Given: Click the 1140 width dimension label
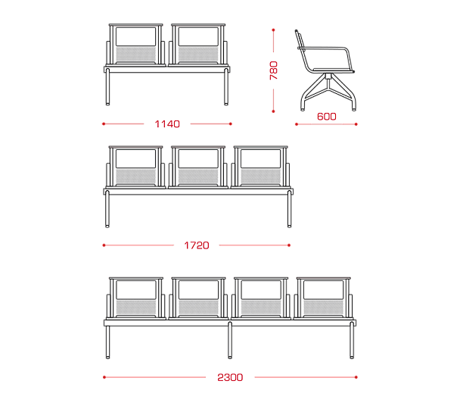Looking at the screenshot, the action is tap(167, 124).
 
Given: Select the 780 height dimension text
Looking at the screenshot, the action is tap(273, 70).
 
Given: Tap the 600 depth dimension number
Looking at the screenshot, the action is tap(327, 117).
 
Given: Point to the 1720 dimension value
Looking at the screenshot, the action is tap(197, 245).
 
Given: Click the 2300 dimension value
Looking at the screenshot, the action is tap(230, 377).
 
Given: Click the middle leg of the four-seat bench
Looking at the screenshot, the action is tap(230, 340).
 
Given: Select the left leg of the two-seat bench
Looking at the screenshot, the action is tap(107, 87).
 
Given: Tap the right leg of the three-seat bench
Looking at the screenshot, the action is tap(289, 209).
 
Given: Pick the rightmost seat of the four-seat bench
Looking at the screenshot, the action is tap(323, 298).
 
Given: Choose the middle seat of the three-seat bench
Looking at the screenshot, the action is tap(198, 167).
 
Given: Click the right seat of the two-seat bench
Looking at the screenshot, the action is tap(198, 45).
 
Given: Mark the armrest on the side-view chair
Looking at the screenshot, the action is tap(325, 48).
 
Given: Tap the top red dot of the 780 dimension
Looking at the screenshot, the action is tap(273, 30).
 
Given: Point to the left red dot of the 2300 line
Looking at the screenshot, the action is tap(104, 377).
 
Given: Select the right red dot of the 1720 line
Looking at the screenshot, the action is tap(289, 245).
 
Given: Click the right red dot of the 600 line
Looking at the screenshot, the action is tap(356, 124).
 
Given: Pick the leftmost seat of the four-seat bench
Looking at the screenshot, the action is tap(136, 298).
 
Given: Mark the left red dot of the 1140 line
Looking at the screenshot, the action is tap(104, 124).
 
